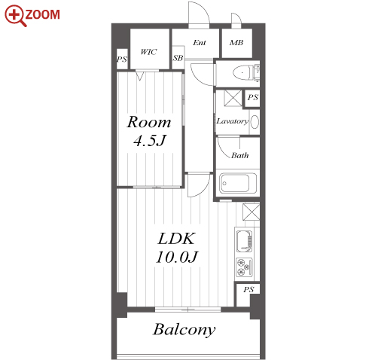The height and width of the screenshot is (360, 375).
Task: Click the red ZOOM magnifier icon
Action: coord(16,16)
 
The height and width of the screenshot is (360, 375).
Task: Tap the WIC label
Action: coord(148,52)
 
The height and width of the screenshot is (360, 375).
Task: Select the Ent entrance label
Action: coord(200,43)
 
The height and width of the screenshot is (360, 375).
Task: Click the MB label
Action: coord(236,43)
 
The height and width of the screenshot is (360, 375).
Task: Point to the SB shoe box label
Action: coord(178,58)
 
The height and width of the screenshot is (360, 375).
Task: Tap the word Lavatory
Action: coord(233,121)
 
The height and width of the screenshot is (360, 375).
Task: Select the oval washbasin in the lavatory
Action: coord(255,122)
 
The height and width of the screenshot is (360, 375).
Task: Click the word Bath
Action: coord(240,156)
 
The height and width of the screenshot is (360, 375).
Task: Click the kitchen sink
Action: coord(244,241)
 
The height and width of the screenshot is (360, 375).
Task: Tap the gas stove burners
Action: coord(244,267)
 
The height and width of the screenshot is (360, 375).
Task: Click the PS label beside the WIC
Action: coord(122,59)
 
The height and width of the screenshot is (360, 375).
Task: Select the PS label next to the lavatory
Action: coord(252,97)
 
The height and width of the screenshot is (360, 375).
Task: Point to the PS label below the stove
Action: coord(248,290)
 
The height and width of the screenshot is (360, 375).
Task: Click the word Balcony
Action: coord(184,330)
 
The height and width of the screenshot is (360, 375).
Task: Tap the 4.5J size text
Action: coord(150,141)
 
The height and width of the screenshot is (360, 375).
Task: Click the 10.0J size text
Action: coord(177,257)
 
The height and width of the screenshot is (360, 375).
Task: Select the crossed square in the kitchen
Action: coord(251,212)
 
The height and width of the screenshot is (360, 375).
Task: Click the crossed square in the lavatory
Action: coord(233,98)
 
